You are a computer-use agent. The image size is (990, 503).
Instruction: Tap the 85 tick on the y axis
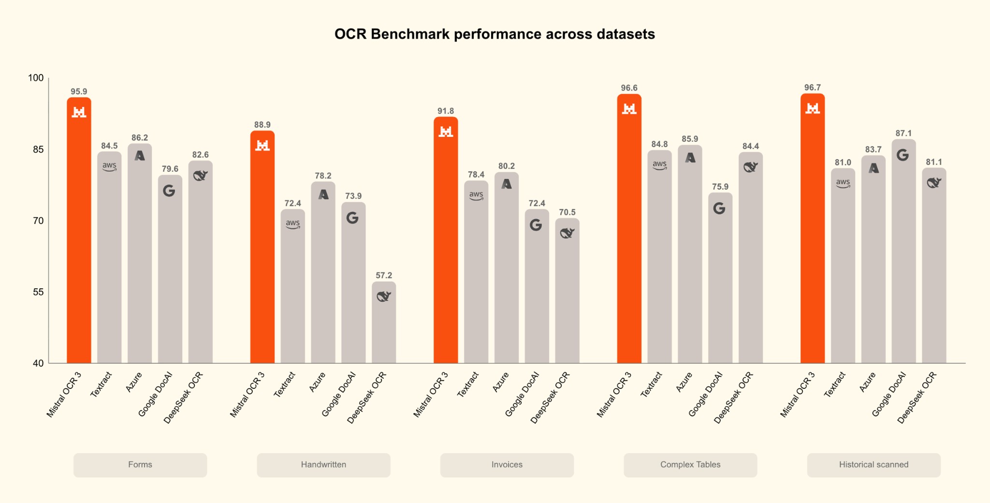[x=38, y=149]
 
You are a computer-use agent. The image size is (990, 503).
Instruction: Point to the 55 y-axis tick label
[x=38, y=292]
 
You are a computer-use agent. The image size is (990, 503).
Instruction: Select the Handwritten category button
[x=323, y=465]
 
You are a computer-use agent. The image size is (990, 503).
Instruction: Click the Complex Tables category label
[x=690, y=465]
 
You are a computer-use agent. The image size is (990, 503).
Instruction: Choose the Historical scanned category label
[x=874, y=465]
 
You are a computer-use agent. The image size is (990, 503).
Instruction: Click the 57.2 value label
[x=384, y=276]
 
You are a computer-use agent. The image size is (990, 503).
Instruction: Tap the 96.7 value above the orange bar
[x=813, y=88]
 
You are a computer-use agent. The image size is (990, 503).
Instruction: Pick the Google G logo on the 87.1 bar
[x=903, y=155]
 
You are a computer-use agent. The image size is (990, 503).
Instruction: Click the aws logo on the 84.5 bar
[x=109, y=166]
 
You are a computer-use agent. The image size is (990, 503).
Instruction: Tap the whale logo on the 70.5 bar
[x=567, y=233]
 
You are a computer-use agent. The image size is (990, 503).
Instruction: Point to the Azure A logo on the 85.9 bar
[x=690, y=158]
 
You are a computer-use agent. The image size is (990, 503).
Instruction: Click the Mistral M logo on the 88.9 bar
[x=262, y=145]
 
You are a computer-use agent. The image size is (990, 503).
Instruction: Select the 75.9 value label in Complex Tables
[x=720, y=187]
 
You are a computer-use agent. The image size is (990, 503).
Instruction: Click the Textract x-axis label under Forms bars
[x=101, y=385]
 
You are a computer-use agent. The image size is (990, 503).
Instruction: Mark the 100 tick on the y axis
[x=36, y=78]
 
